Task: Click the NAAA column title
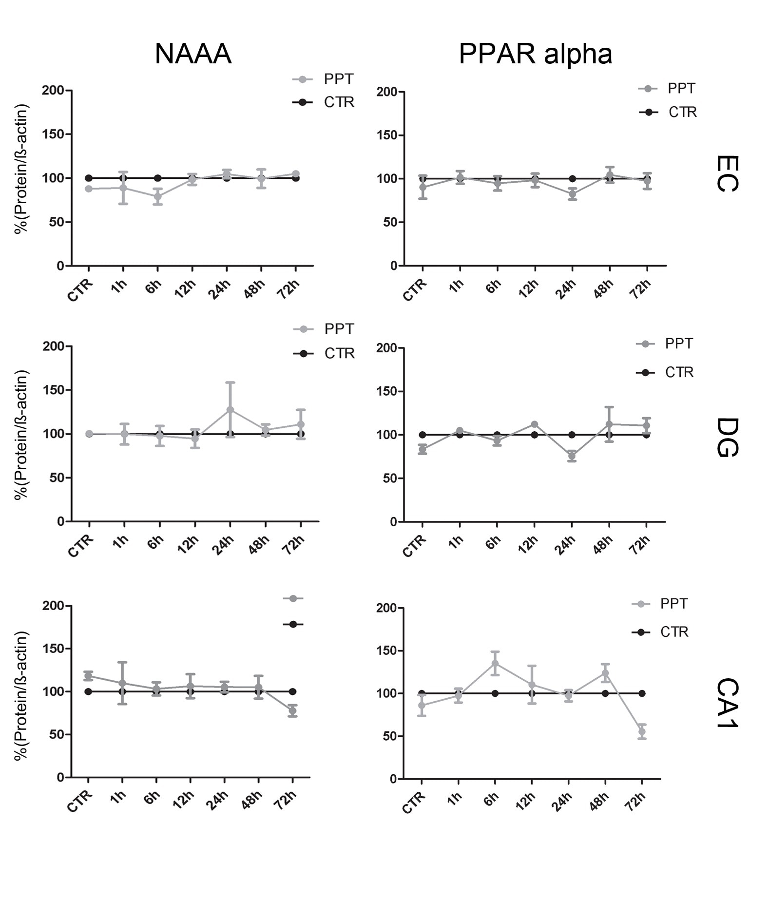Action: (193, 54)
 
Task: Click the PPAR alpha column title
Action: (535, 54)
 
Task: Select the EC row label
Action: (728, 174)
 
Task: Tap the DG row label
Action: (728, 437)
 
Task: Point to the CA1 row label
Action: (728, 703)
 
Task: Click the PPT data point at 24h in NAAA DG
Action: (231, 409)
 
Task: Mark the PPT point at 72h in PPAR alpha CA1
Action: (642, 732)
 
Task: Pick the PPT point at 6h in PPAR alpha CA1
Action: (495, 663)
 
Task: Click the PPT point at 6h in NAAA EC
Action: (157, 197)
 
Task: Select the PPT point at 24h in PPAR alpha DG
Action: (572, 456)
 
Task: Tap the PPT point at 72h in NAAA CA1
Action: (292, 711)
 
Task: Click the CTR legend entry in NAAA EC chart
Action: (339, 102)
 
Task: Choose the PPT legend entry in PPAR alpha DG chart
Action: (678, 344)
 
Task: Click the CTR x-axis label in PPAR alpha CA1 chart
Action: (414, 803)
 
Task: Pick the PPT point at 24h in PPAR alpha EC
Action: (572, 194)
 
